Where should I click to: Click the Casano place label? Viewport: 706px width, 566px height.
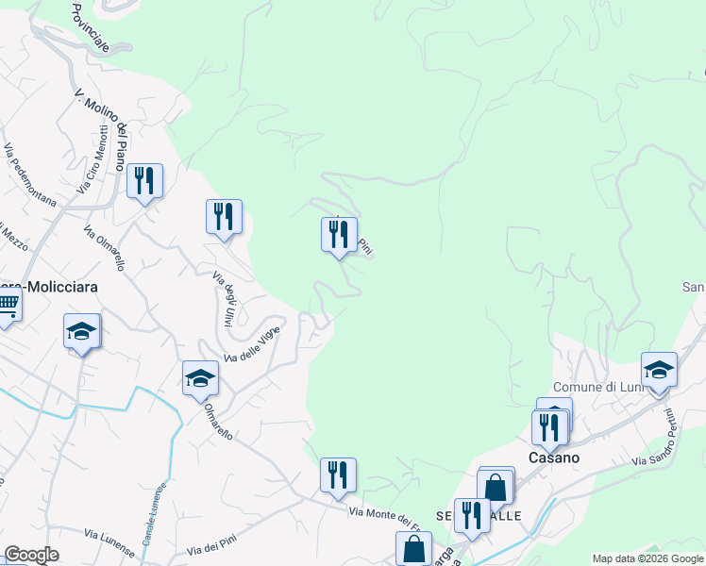click(553, 457)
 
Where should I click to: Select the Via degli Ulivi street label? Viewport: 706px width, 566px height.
click(223, 299)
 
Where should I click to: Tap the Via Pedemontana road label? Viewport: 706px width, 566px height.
click(29, 175)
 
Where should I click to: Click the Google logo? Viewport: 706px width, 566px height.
click(31, 555)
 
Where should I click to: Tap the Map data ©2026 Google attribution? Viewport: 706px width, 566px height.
click(647, 558)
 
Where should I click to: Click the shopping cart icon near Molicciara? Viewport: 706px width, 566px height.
click(7, 305)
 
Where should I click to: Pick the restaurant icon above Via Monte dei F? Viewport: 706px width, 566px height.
click(338, 474)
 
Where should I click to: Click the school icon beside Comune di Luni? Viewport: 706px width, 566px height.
click(658, 369)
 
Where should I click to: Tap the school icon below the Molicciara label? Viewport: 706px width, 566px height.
click(82, 331)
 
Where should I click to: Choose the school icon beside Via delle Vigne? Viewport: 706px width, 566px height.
click(200, 378)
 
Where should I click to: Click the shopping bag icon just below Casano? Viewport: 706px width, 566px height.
click(496, 487)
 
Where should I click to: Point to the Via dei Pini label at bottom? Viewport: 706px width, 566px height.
click(210, 548)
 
